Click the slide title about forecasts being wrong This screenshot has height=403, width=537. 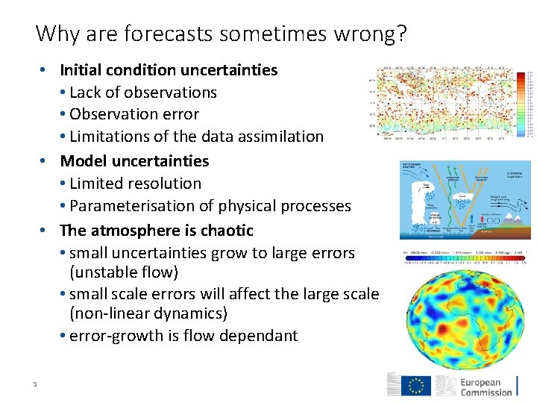(221, 34)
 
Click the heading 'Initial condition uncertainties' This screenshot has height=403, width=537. (169, 70)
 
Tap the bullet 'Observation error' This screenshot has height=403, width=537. (134, 114)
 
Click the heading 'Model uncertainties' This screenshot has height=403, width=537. (134, 161)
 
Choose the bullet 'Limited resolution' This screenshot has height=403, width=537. (135, 184)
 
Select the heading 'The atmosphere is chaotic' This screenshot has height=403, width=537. (157, 230)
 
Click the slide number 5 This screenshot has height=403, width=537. (34, 384)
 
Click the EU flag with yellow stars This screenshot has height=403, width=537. (415, 385)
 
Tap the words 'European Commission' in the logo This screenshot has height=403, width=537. (486, 386)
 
